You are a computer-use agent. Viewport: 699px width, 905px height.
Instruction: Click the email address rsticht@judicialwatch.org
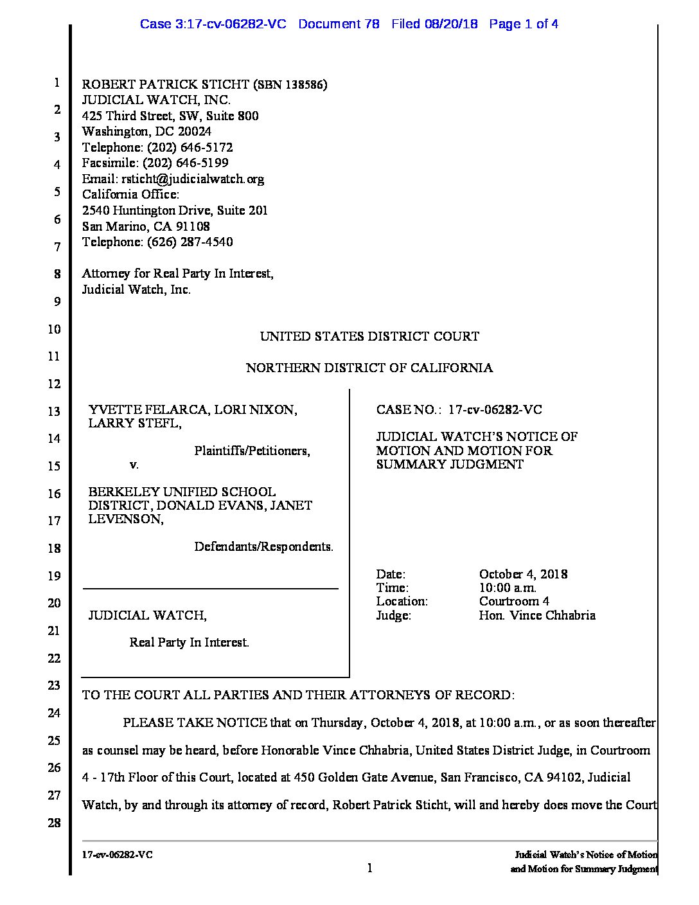click(192, 179)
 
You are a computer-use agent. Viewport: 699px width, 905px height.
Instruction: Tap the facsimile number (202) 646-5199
click(186, 163)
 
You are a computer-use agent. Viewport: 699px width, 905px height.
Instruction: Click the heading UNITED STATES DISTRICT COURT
click(369, 336)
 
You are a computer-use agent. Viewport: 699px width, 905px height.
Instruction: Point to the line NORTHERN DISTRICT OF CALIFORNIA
click(369, 368)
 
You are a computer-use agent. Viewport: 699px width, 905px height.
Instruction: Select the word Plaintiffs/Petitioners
click(252, 451)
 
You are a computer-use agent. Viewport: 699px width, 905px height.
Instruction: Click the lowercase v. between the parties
click(134, 464)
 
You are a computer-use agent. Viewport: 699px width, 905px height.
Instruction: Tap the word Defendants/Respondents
click(263, 547)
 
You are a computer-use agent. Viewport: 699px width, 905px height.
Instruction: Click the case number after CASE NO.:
click(495, 409)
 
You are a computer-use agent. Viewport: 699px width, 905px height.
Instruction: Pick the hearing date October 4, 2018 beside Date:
click(523, 574)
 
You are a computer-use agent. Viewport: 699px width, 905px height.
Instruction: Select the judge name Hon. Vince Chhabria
click(537, 615)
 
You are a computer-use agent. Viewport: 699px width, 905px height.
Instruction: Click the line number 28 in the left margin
click(54, 823)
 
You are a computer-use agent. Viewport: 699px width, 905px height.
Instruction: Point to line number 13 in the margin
click(54, 411)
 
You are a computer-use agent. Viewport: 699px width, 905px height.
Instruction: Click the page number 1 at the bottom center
click(369, 868)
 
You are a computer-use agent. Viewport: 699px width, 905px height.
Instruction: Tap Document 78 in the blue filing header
click(339, 24)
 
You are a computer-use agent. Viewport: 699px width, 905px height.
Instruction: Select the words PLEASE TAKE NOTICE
click(195, 722)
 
